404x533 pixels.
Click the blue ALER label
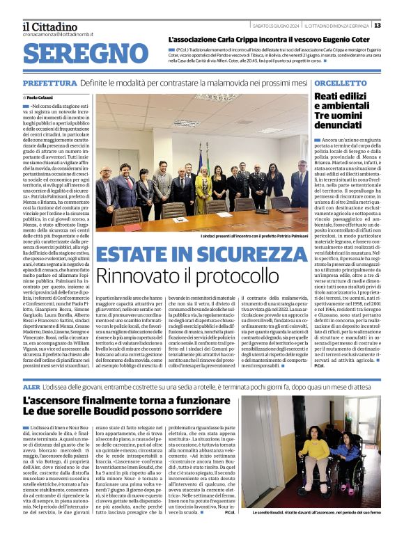click(x=31, y=385)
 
